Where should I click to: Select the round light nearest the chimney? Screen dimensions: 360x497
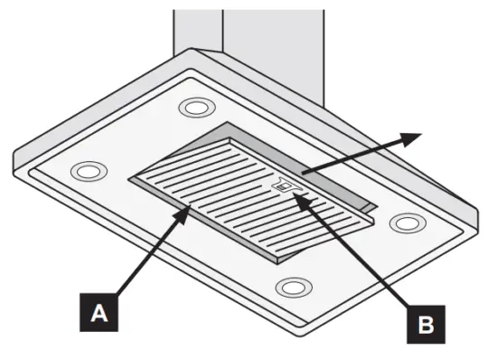tap(193, 107)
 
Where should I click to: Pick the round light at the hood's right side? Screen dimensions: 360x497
tap(407, 222)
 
